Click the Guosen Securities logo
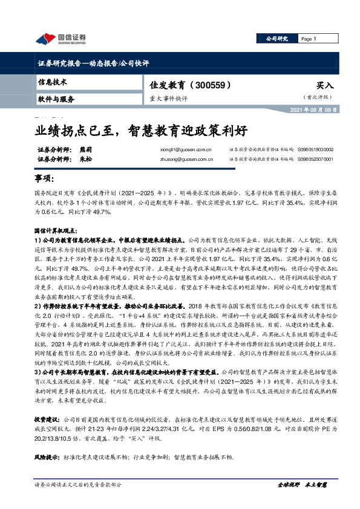coord(60,39)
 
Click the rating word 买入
coord(325,86)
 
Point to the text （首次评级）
coord(318,97)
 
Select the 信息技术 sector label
coord(53,82)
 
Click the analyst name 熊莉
coord(85,149)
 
